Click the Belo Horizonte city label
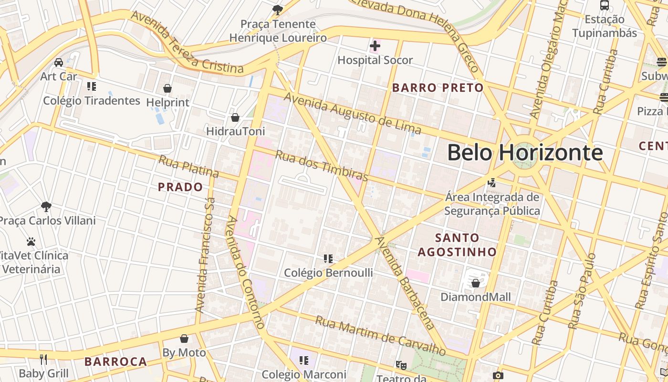[x=525, y=153]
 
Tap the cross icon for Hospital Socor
[x=375, y=46]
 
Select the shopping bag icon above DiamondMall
[x=475, y=283]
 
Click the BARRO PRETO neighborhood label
[x=438, y=88]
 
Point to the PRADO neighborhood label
[x=180, y=187]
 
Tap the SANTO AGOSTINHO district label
[x=457, y=244]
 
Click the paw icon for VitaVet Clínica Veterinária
[x=31, y=242]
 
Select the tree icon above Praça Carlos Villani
[x=46, y=207]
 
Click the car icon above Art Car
[x=59, y=63]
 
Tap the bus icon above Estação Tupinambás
[x=605, y=5]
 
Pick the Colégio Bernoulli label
[x=328, y=273]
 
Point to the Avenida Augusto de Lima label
[x=353, y=113]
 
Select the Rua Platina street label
[x=188, y=167]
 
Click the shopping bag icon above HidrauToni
[x=235, y=117]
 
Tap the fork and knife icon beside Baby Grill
[x=43, y=359]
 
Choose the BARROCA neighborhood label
[x=116, y=362]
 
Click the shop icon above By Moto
[x=184, y=339]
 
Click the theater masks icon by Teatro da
[x=401, y=365]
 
